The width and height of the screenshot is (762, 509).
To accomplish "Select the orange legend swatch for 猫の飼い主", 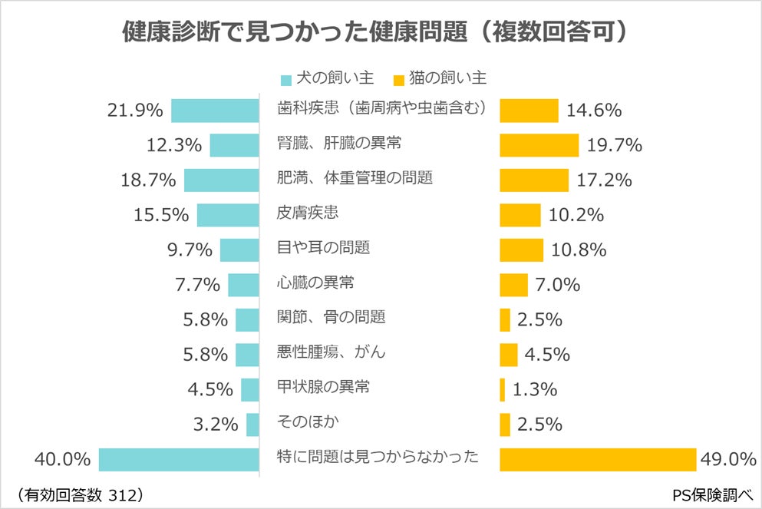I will [398, 79].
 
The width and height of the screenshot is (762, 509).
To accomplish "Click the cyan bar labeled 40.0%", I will [179, 459].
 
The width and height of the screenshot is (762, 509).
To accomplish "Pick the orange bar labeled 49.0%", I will [598, 459].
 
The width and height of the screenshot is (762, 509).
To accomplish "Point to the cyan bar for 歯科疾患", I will [215, 110].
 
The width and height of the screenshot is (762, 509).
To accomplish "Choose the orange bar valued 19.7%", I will [539, 145].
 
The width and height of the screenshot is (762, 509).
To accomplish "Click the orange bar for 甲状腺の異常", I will [503, 389].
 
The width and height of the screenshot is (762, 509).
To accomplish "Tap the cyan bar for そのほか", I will [252, 424].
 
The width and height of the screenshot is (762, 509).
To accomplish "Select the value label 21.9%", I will [135, 110].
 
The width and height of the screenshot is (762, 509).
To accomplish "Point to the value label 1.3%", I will [534, 389].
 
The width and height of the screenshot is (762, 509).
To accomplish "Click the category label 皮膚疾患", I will [308, 213].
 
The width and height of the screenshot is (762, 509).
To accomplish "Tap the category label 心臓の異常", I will [315, 283].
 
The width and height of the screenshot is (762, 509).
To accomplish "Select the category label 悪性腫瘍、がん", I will [331, 352].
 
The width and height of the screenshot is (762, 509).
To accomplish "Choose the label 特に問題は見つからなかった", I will [378, 458].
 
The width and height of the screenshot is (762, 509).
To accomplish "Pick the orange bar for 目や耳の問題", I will [521, 250].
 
